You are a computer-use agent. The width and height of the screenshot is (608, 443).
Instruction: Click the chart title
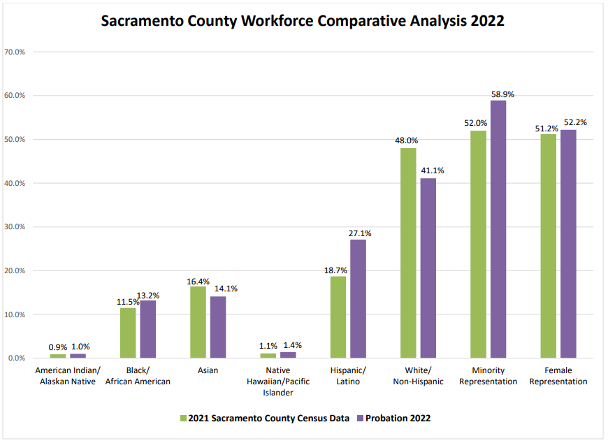tap(303, 21)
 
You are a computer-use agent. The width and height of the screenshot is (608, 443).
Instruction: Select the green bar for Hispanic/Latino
tap(338, 317)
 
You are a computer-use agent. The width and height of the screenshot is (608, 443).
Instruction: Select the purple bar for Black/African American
tap(147, 329)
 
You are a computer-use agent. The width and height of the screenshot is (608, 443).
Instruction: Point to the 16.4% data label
tap(198, 280)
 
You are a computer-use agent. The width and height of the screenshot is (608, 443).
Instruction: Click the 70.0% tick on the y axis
tap(15, 52)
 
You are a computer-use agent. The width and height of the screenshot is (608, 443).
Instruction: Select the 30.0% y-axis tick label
tap(15, 227)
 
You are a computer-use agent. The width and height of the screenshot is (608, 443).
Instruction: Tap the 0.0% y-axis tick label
tap(17, 358)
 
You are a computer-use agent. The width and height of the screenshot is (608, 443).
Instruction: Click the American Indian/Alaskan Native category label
tap(68, 376)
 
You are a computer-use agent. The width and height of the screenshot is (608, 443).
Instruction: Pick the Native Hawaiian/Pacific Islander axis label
tap(278, 382)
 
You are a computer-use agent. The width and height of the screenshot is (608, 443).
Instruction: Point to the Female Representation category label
tap(558, 376)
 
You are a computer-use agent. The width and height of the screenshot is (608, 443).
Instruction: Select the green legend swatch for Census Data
tap(184, 419)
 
